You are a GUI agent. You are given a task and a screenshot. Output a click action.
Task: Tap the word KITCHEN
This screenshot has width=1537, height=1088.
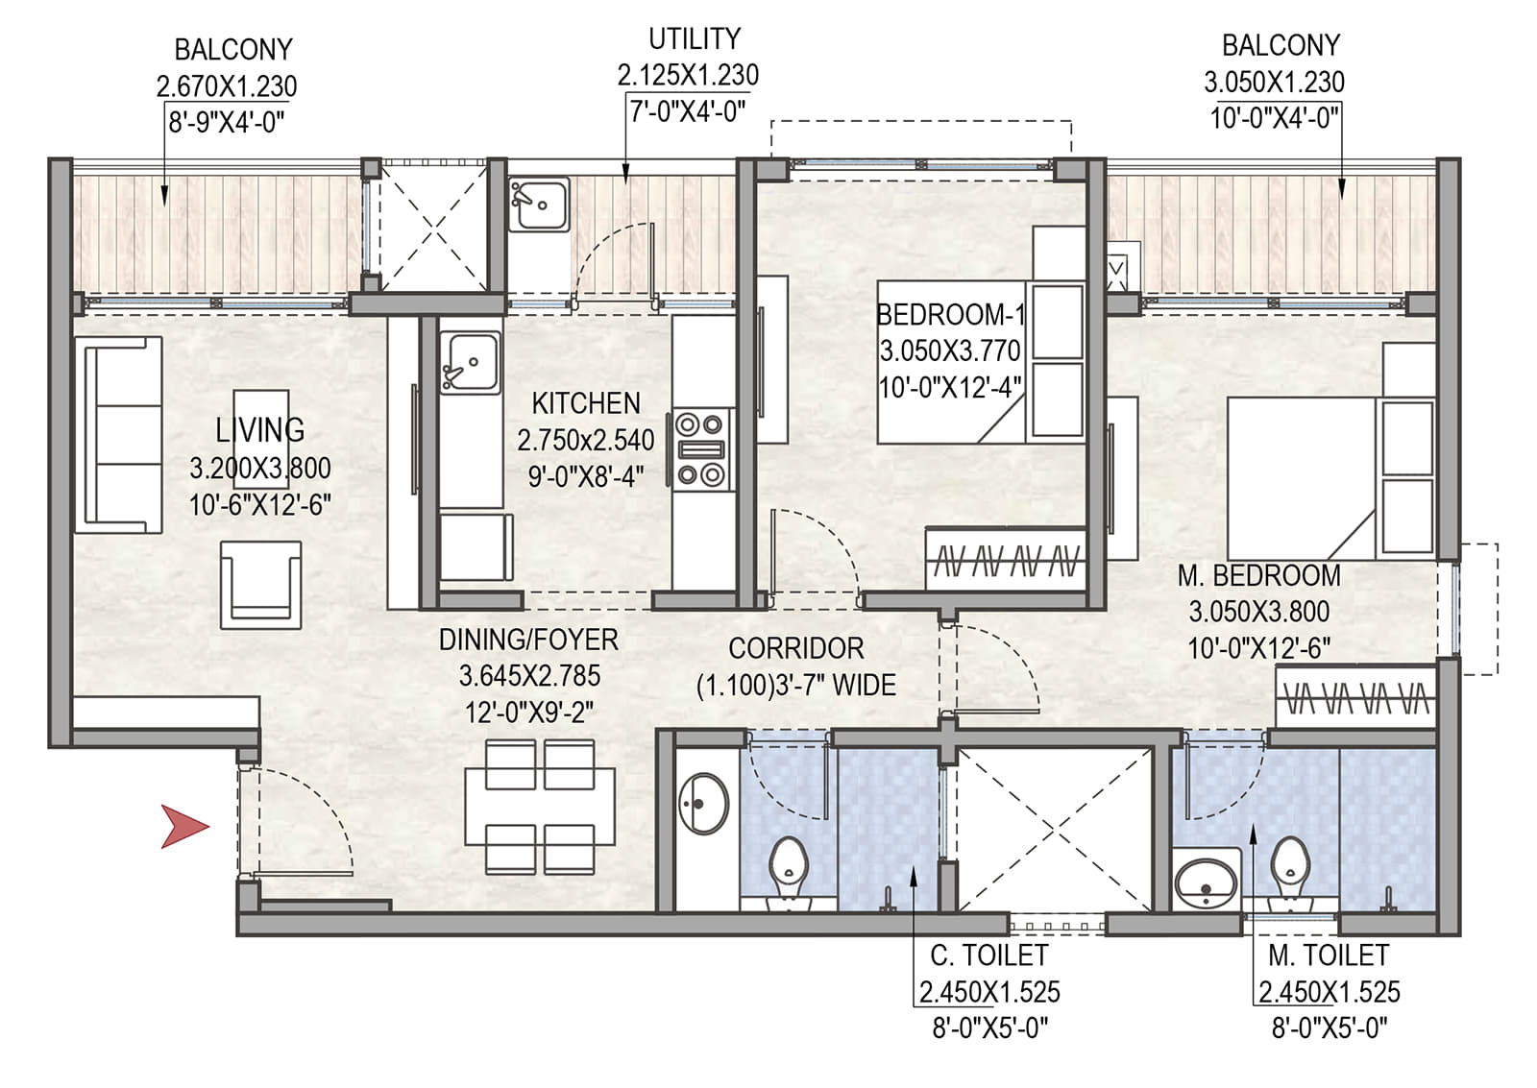(586, 403)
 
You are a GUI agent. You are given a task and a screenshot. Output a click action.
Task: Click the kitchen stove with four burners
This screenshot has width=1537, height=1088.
(700, 450)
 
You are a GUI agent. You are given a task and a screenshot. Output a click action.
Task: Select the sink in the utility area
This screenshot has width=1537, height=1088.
(539, 204)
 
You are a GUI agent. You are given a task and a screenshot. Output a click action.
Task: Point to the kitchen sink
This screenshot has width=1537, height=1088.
(470, 363)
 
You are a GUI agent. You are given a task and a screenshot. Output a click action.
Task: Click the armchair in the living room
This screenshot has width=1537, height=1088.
(260, 585)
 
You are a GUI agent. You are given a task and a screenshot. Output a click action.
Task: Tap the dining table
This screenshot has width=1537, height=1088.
(540, 806)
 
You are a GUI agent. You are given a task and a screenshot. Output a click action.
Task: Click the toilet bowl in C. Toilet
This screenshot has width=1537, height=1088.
(789, 871)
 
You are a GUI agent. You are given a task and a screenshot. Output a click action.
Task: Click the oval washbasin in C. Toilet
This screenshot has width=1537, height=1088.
(704, 804)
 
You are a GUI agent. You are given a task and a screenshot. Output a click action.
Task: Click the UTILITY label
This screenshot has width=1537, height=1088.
(695, 39)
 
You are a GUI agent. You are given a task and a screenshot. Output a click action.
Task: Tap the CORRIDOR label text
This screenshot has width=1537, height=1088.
(796, 648)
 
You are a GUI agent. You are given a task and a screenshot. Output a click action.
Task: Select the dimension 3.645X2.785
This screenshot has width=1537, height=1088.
(529, 676)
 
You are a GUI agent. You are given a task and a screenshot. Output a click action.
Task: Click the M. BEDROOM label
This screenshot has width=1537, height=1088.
(1259, 575)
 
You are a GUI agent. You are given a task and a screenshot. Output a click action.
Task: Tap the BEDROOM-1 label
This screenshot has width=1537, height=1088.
(950, 315)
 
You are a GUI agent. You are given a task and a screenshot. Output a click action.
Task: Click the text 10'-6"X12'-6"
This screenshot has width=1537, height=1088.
(260, 505)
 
